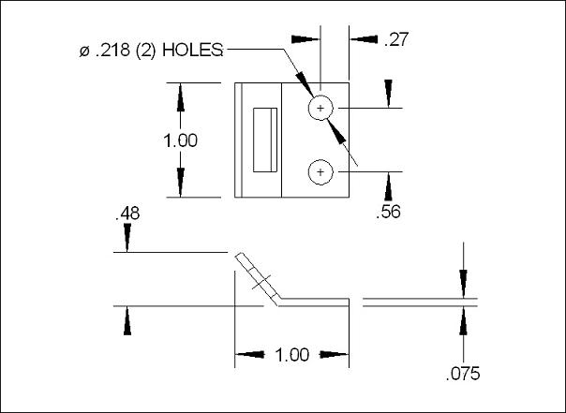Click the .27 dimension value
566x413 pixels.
(393, 39)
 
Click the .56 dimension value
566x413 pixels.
(388, 213)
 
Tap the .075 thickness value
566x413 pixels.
(463, 374)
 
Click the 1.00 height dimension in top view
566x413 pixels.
(180, 140)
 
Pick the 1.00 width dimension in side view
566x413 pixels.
(292, 355)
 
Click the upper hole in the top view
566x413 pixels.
(320, 110)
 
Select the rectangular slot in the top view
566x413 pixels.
(265, 140)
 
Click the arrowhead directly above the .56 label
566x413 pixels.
(388, 185)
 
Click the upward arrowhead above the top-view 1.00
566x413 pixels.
(180, 96)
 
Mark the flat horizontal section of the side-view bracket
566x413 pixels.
(314, 302)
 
